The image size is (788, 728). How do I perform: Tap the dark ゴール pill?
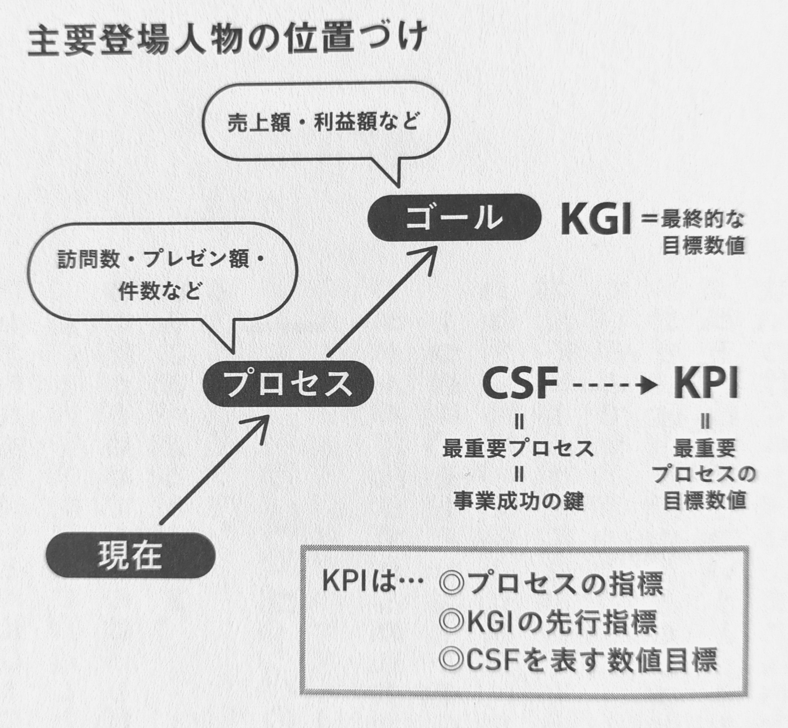pos(454,217)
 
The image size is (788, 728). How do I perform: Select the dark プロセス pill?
pos(288,383)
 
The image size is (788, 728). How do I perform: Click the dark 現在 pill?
pos(131,555)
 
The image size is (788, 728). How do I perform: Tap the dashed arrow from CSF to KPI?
pos(614,385)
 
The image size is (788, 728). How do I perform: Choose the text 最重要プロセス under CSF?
pos(518,449)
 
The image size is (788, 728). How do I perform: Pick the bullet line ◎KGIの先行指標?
pos(548,622)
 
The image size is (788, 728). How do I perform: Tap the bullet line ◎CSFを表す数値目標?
pos(578,660)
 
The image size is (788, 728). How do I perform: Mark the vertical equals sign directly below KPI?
pos(705,423)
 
